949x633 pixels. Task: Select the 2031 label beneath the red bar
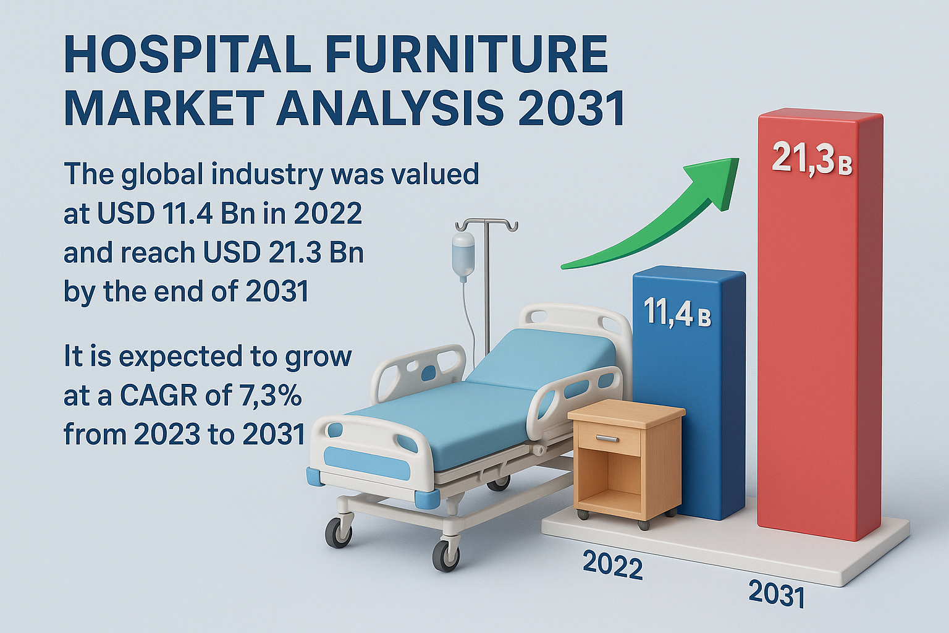(x=776, y=593)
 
